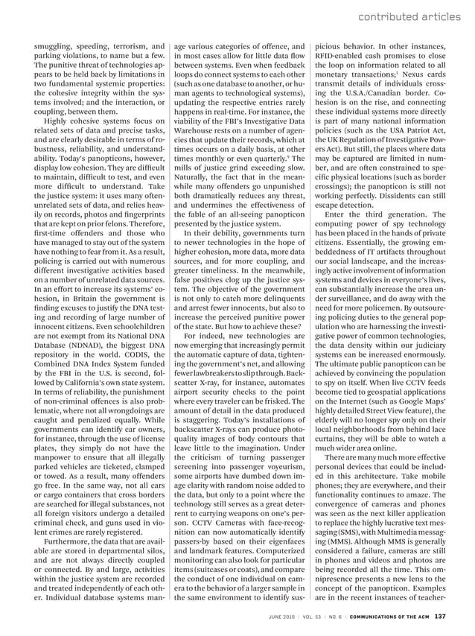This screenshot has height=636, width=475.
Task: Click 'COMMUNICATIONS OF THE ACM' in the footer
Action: [387, 616]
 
